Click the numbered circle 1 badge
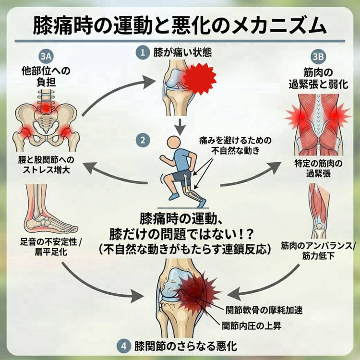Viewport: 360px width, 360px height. coord(143,53)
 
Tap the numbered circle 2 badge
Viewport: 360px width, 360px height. coord(143,140)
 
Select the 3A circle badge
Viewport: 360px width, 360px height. coord(46,56)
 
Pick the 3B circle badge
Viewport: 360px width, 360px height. coord(318,57)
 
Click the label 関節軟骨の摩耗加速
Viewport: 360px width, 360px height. coord(264,310)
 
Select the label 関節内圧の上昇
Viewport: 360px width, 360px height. coord(252,325)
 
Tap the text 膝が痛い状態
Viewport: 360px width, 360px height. coord(182,52)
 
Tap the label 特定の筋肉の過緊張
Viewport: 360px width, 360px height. coord(318,168)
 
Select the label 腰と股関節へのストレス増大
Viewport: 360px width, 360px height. coord(46,165)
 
